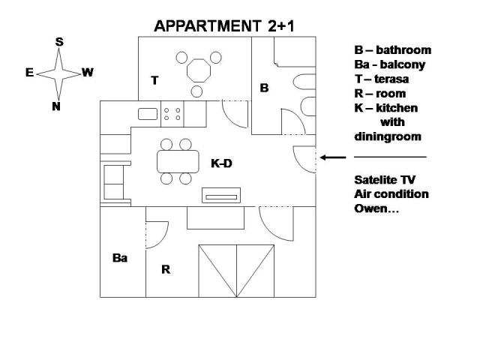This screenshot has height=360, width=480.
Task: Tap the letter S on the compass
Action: [59, 42]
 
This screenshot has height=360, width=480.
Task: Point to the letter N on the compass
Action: [56, 106]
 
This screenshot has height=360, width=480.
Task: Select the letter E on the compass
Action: [29, 73]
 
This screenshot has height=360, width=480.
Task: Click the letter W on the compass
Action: [88, 73]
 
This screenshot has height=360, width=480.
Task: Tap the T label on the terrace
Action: [154, 79]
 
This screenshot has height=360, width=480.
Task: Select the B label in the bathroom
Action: [264, 88]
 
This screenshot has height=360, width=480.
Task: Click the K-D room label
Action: [222, 161]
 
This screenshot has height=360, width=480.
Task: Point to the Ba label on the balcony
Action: [120, 258]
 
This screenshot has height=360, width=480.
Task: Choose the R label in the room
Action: [166, 268]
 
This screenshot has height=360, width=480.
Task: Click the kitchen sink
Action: [148, 114]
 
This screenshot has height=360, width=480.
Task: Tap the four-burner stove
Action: [172, 114]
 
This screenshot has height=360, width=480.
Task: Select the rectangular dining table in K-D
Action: [175, 161]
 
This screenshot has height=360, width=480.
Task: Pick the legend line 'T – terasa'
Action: [382, 79]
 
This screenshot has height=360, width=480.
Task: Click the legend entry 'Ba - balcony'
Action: [390, 64]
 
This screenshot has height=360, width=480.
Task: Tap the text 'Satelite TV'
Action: [385, 180]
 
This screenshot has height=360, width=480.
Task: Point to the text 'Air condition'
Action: [391, 194]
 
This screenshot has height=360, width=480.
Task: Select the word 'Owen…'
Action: [376, 208]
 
